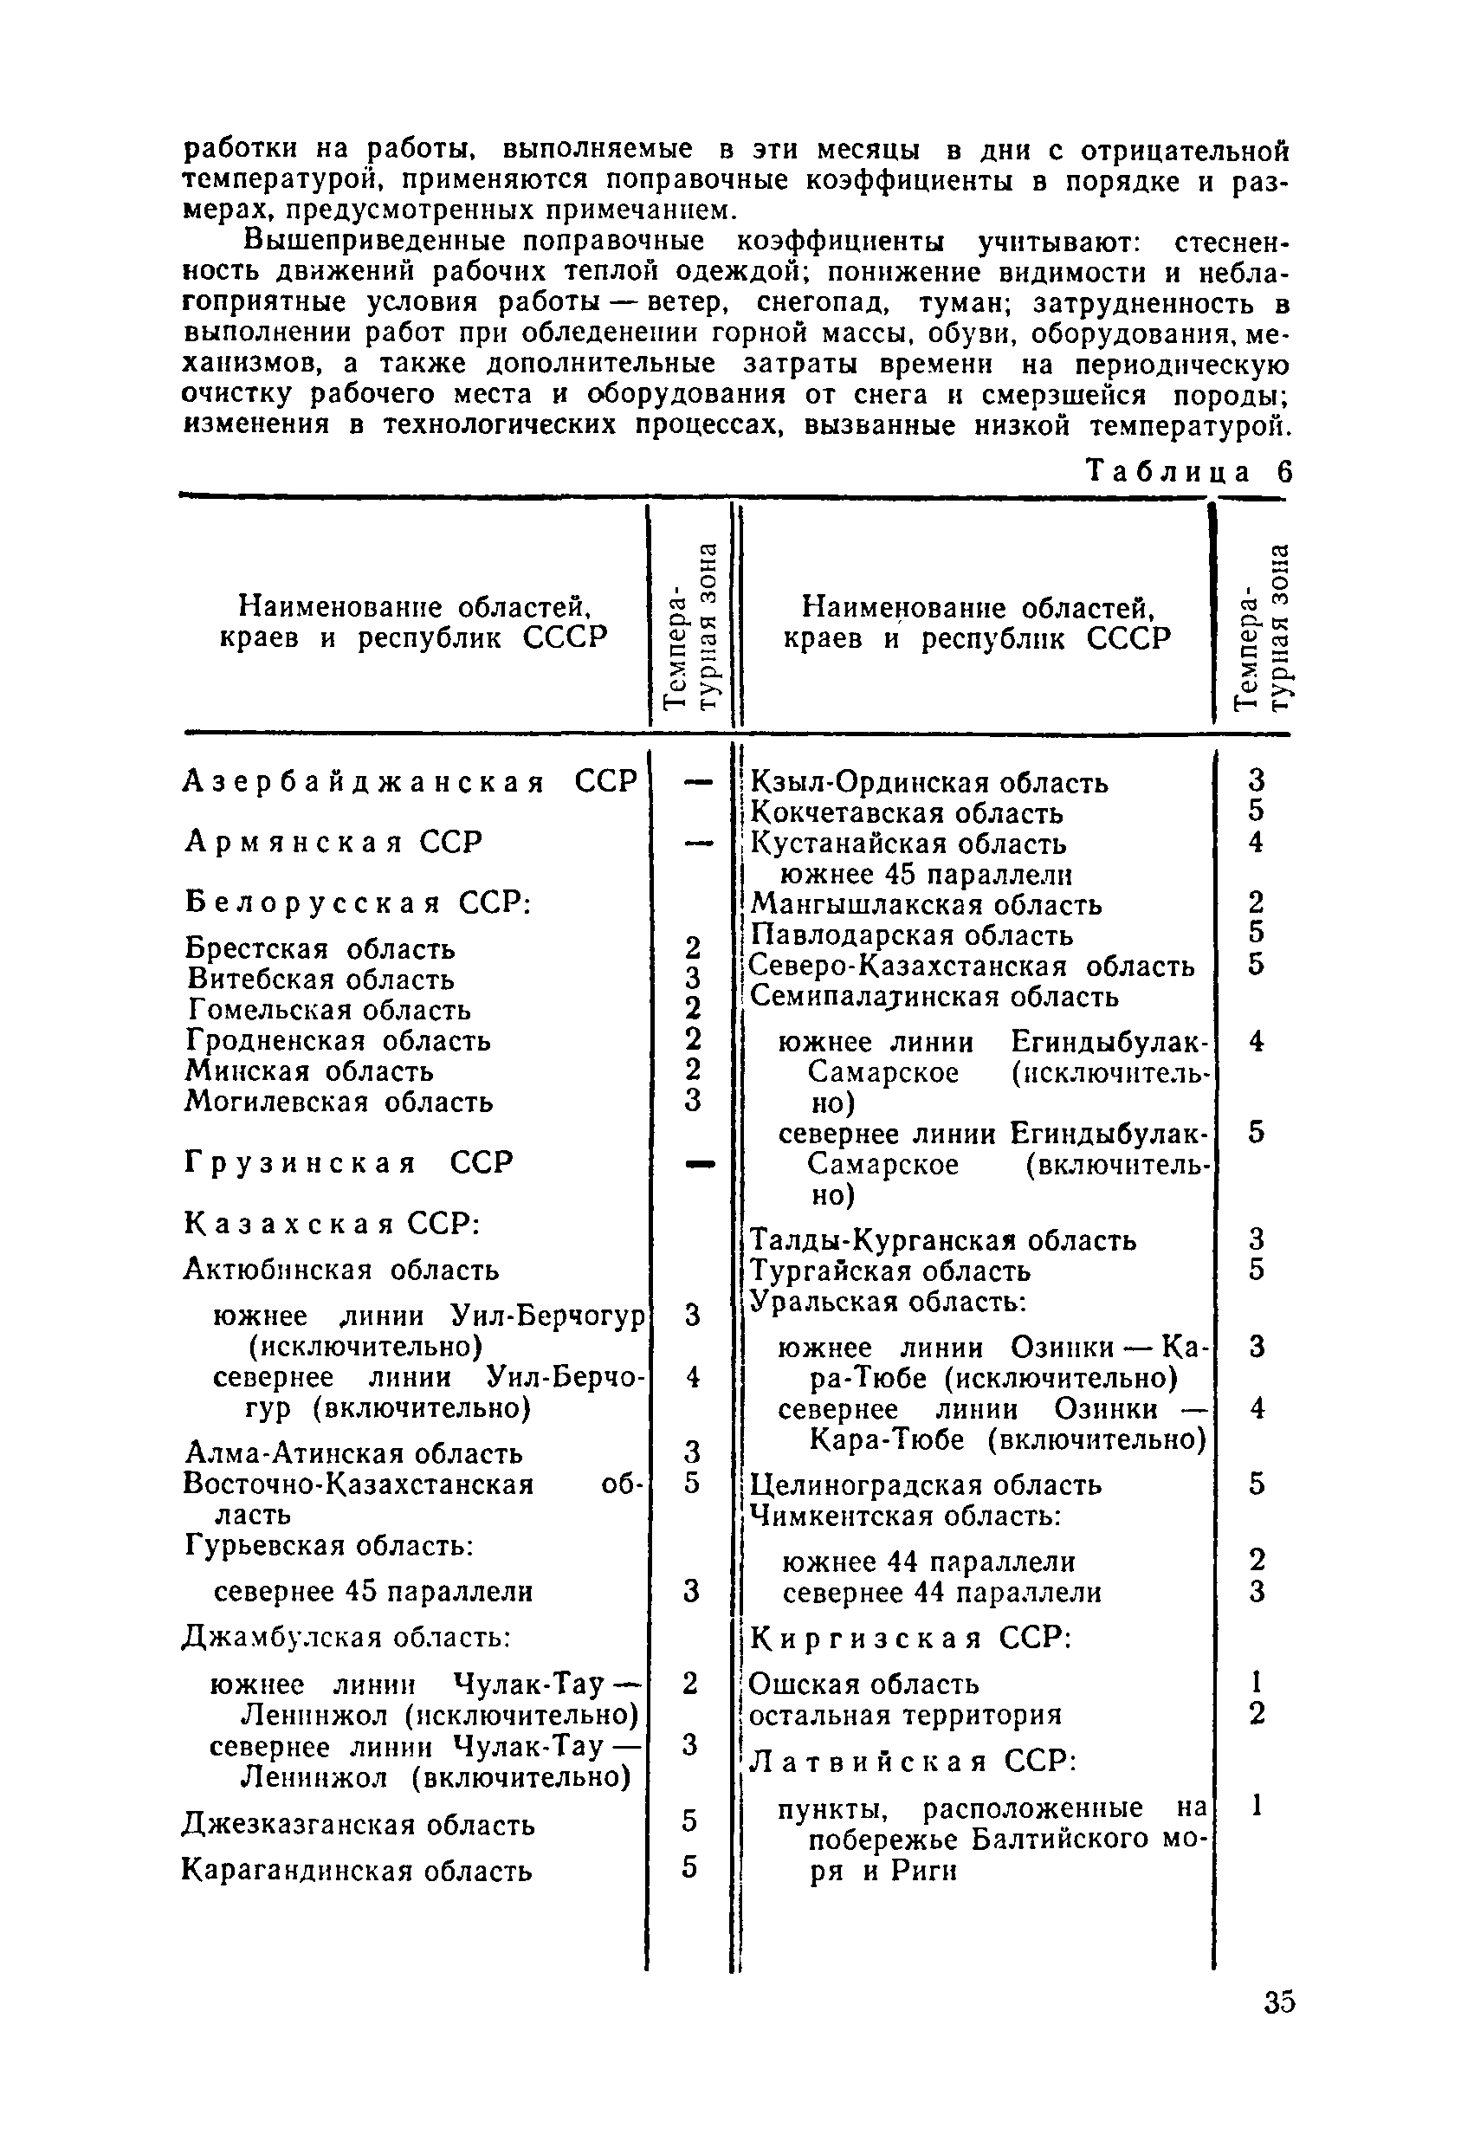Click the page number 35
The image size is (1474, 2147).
(1278, 2002)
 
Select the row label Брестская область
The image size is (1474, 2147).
(320, 948)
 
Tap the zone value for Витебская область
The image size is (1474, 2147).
(693, 979)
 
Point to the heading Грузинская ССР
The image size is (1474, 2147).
(348, 1162)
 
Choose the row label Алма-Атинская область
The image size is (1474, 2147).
(353, 1453)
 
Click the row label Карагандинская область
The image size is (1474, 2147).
(357, 1871)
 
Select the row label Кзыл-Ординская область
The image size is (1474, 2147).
(929, 782)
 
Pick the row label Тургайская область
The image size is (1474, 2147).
(890, 1271)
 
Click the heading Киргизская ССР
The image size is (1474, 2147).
(909, 1639)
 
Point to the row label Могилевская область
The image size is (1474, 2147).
(339, 1102)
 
